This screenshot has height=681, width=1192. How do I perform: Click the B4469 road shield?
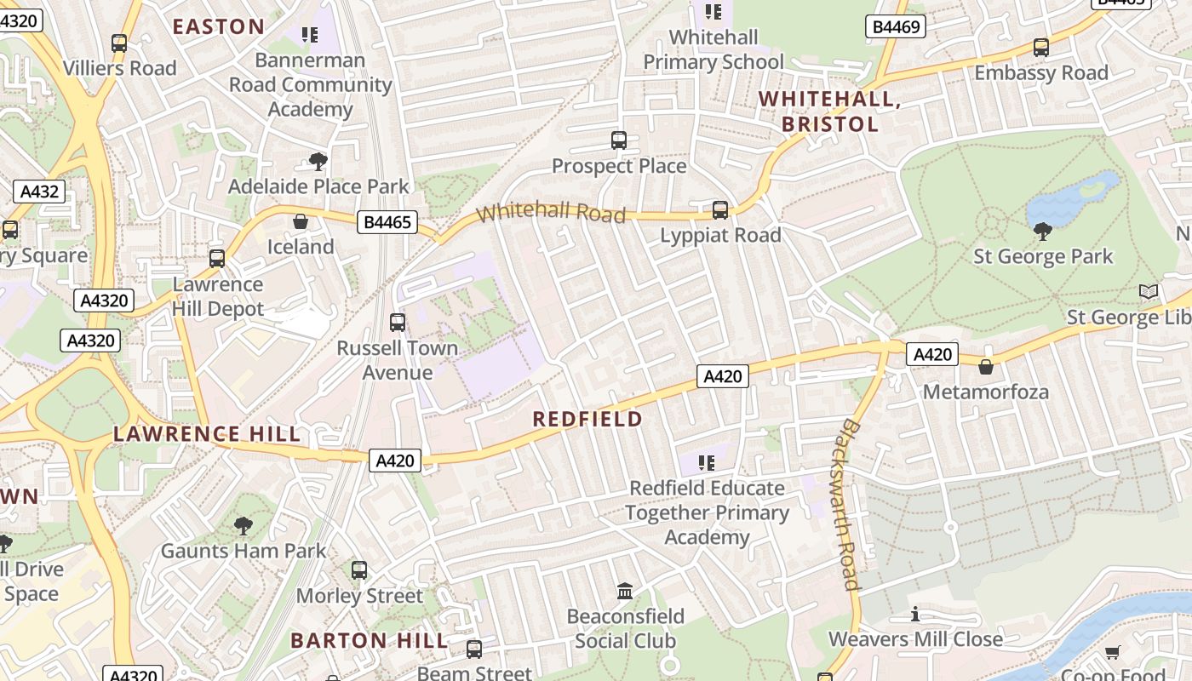click(x=897, y=27)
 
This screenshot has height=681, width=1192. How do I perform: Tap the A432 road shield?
click(x=39, y=191)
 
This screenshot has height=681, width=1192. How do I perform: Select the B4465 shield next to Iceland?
click(x=387, y=223)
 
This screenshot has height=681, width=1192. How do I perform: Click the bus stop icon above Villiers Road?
click(x=119, y=43)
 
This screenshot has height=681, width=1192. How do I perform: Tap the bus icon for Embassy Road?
click(x=1040, y=48)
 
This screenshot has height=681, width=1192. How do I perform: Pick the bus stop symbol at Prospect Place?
click(x=619, y=140)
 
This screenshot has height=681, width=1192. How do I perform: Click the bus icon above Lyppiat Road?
click(x=720, y=209)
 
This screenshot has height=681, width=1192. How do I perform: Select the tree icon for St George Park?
click(x=1042, y=231)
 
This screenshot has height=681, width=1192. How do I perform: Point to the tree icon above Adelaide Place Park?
click(x=318, y=161)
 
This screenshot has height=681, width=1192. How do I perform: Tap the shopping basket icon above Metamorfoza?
click(x=985, y=367)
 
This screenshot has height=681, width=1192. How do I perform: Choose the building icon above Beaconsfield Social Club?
click(x=625, y=591)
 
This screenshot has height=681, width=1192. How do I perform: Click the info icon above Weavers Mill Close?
click(x=915, y=614)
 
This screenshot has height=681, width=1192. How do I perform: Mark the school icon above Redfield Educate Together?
click(x=706, y=463)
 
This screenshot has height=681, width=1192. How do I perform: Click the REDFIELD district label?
click(x=587, y=419)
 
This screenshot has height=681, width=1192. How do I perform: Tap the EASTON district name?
click(x=219, y=26)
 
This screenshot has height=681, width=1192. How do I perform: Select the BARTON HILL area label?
click(x=369, y=640)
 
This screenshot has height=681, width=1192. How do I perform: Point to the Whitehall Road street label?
click(x=552, y=211)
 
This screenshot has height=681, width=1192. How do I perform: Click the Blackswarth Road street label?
click(x=849, y=504)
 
